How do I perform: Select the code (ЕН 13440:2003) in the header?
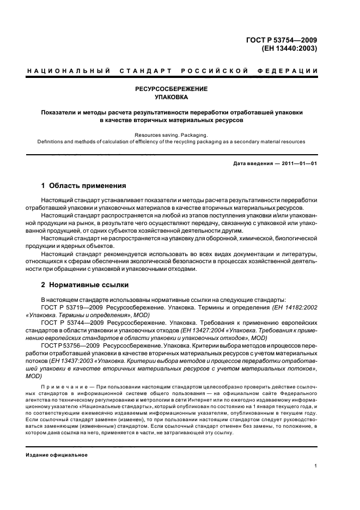289,48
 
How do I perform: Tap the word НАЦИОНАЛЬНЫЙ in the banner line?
69,71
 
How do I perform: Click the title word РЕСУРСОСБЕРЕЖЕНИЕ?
172,88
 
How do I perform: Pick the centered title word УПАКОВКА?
172,98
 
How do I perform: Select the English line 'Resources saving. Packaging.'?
172,134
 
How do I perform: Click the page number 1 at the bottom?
316,466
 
